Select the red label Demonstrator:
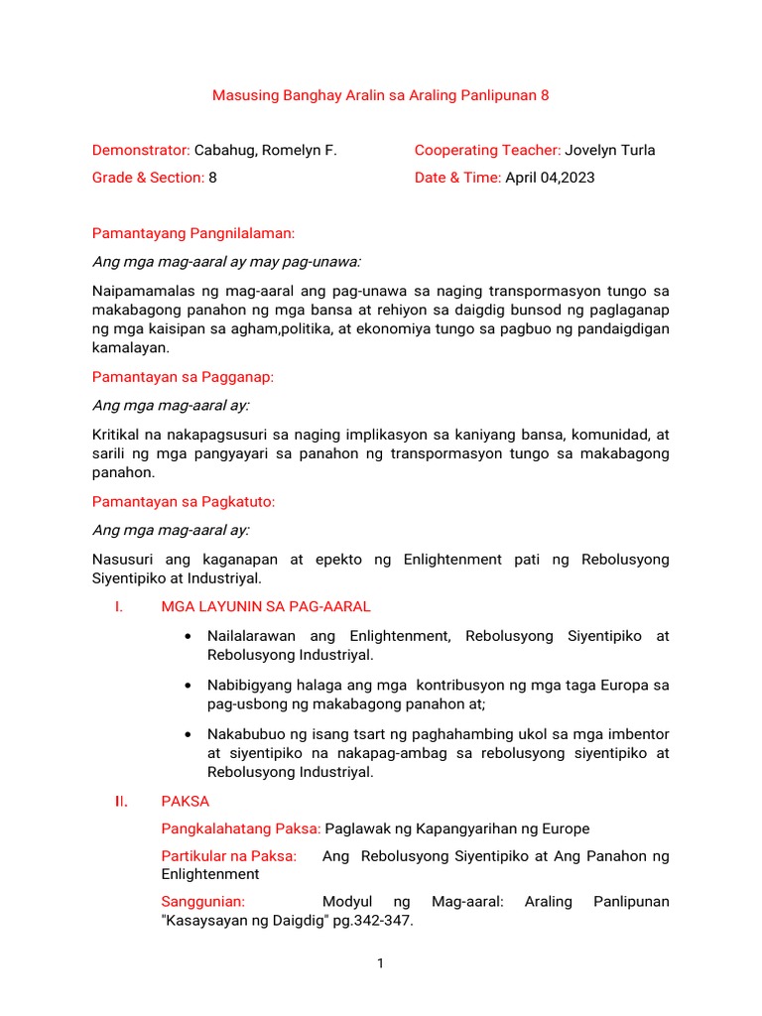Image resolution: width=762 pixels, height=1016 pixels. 141,151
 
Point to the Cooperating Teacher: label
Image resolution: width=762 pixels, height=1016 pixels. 487,151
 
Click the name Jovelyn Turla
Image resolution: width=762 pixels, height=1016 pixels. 610,151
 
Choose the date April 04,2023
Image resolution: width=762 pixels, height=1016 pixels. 551,178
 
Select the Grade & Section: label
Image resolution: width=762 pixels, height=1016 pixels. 148,178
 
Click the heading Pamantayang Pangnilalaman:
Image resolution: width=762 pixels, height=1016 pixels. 193,234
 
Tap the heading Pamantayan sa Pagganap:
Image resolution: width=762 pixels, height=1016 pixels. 184,377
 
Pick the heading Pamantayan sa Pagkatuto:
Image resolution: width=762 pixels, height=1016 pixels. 184,502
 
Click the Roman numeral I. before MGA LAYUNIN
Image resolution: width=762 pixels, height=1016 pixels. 118,607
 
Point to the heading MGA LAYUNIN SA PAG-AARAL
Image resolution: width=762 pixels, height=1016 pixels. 265,607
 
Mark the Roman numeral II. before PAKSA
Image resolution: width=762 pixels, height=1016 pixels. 119,802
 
